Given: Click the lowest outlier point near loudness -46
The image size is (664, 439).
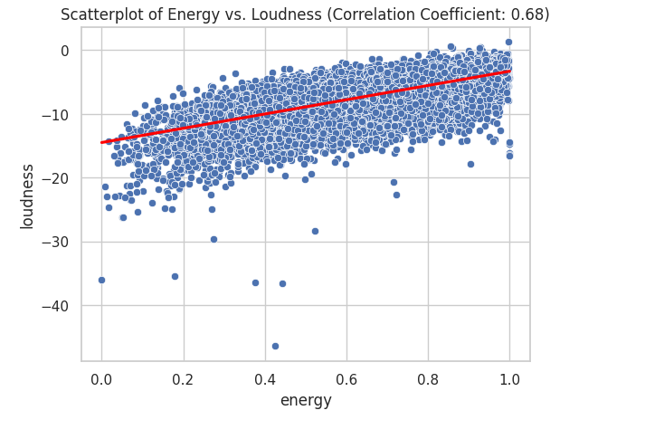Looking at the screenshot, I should [x=275, y=346].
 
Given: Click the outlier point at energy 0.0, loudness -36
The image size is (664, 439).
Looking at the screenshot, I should [x=101, y=280].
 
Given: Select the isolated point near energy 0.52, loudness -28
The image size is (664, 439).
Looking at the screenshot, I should [x=315, y=231].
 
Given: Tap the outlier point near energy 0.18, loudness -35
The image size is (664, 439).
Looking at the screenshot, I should [x=175, y=276].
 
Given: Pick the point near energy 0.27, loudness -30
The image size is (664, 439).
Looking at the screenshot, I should [x=213, y=239].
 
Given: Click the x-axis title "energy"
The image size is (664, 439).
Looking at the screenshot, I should [x=306, y=400].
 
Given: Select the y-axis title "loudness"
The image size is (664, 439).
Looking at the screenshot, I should [x=28, y=196].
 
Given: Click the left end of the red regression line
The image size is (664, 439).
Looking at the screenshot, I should [x=102, y=142].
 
